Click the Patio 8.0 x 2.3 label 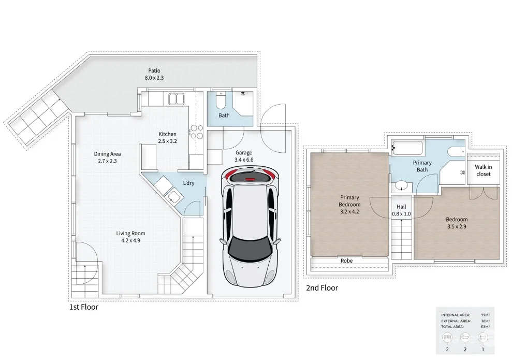[x=154, y=74]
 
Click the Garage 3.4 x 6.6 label [x=244, y=156]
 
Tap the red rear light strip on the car [x=251, y=178]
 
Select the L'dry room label [x=188, y=183]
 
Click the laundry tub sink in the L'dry [x=173, y=196]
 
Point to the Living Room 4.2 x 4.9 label [x=128, y=237]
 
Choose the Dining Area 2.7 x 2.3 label [x=108, y=157]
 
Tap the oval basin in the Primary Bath [x=401, y=185]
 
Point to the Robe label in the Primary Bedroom [x=347, y=261]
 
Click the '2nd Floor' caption [x=322, y=287]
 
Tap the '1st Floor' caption [x=84, y=307]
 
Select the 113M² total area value [x=485, y=327]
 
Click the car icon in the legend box [x=482, y=338]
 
